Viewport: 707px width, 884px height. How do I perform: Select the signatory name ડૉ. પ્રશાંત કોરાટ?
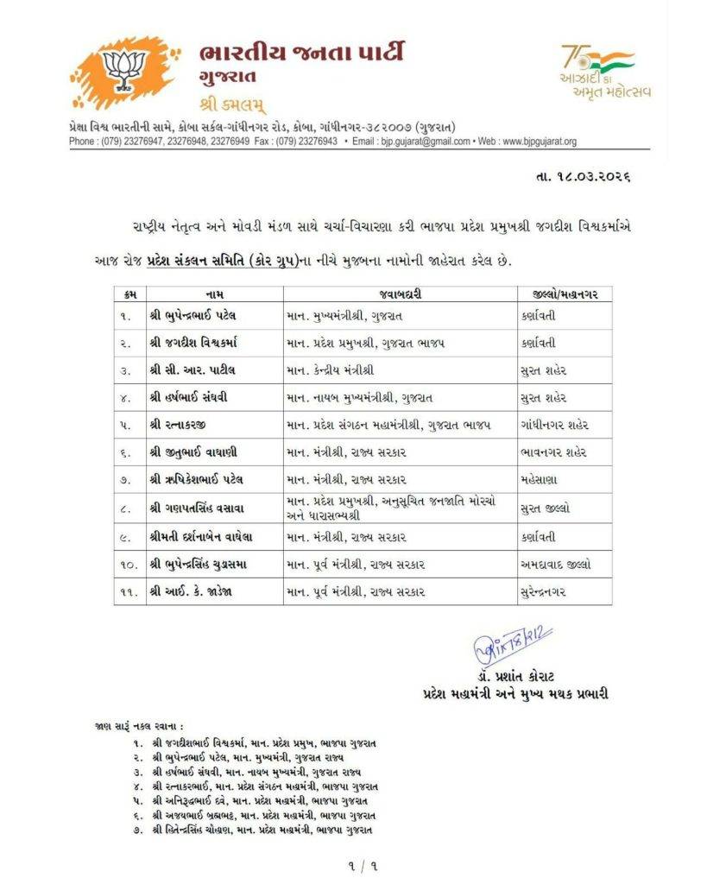[515, 678]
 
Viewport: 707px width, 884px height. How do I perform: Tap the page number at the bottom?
[353, 863]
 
